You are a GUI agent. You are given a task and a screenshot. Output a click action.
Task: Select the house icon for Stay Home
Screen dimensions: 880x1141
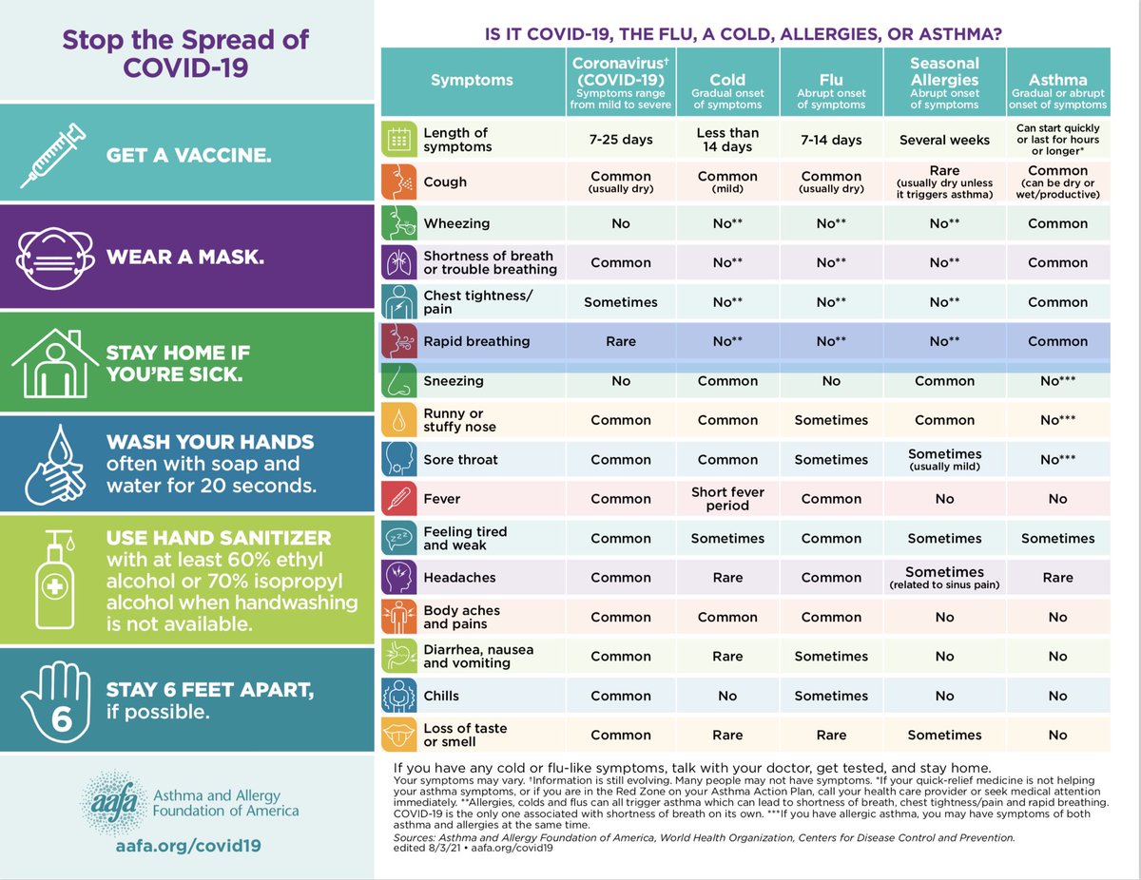[x=53, y=360]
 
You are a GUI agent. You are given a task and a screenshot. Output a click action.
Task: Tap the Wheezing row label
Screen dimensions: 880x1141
[x=456, y=223]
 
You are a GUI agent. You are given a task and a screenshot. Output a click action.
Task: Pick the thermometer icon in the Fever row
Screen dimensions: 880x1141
[x=398, y=499]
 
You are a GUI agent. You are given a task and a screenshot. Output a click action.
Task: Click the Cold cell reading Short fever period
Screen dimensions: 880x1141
[x=727, y=499]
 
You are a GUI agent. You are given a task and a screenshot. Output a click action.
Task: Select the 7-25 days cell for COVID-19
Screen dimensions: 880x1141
[x=621, y=140]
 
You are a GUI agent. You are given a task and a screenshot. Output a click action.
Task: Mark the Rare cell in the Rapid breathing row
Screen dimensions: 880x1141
[x=621, y=341]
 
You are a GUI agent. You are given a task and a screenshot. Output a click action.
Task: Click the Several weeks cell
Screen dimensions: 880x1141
[x=944, y=140]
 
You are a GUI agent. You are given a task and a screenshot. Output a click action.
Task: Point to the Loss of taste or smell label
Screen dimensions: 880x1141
[x=465, y=735]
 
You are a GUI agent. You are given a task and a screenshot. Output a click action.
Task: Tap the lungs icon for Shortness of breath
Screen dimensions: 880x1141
[x=398, y=262]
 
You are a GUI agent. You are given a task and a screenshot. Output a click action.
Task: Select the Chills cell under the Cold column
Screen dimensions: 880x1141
[x=727, y=696]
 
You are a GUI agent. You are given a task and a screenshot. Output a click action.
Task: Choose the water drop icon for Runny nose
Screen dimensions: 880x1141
[x=398, y=420]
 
